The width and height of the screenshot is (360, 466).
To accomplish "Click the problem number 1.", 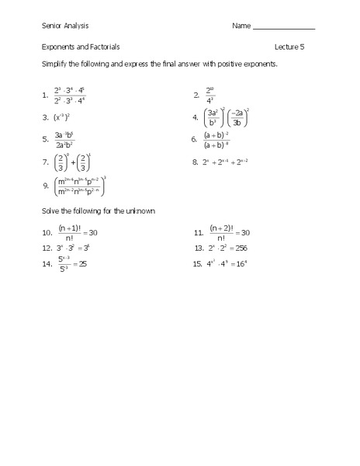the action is pyautogui.click(x=45, y=97).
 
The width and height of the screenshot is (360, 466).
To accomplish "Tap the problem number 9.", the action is pyautogui.click(x=46, y=186).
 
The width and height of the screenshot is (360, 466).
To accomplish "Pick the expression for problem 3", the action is pyautogui.click(x=62, y=118).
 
